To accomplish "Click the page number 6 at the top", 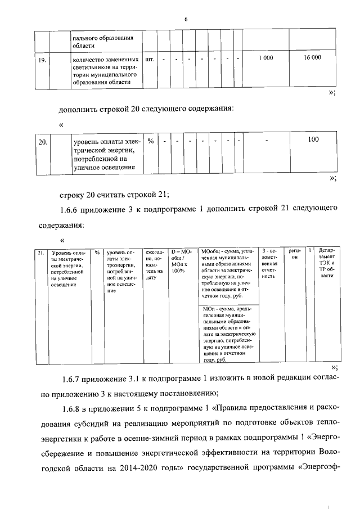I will tap(185, 20).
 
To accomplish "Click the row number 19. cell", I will tap(42, 59).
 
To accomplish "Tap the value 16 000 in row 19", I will tap(312, 58).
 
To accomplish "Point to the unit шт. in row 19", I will tap(149, 58).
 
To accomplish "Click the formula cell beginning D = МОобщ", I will tap(182, 262).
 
